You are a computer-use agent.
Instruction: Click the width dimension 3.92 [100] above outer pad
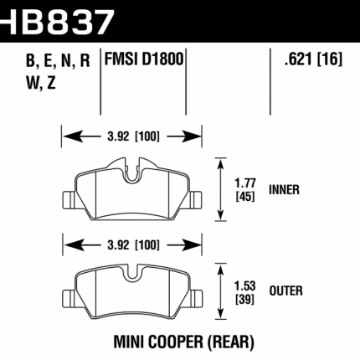(x=132, y=245)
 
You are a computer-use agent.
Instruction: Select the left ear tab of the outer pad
(x=68, y=298)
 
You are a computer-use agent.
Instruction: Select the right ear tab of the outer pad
(x=197, y=298)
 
